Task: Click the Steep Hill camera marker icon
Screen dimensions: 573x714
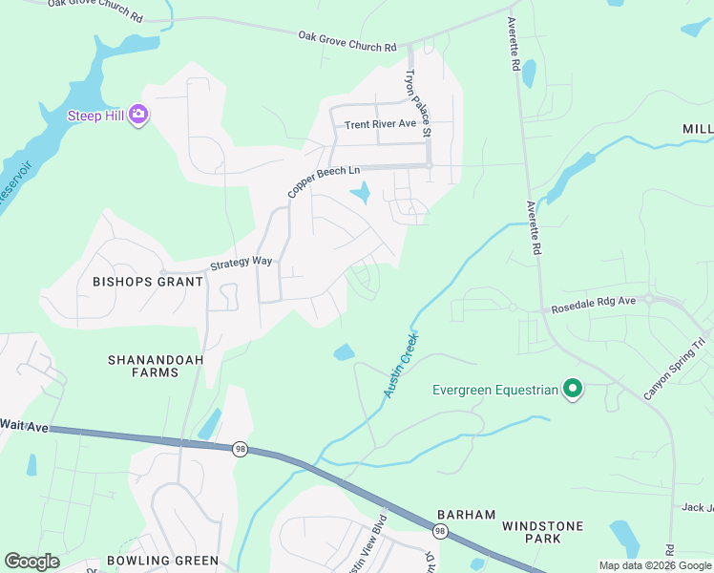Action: (x=138, y=115)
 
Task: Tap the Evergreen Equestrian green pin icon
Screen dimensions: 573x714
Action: (x=573, y=389)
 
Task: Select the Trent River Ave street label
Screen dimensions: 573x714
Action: (x=380, y=124)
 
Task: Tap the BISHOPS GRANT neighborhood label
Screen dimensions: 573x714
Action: (x=148, y=282)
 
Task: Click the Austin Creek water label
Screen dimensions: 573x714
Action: (x=401, y=366)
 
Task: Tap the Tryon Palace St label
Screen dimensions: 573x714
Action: (x=418, y=101)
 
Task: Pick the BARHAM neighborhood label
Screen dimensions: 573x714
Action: (x=466, y=515)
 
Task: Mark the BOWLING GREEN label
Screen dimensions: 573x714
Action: (x=162, y=561)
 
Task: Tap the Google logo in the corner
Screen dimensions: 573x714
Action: (x=32, y=562)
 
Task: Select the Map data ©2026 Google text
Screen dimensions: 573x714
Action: (x=655, y=565)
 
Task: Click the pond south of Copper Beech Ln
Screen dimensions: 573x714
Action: (x=362, y=195)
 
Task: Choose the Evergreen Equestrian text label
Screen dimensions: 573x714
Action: (x=494, y=390)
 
